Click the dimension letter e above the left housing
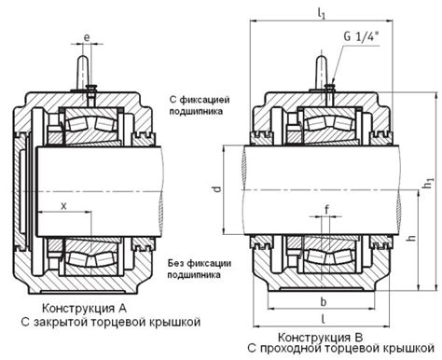point(87,36)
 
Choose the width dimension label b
point(322,302)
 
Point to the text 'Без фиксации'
point(199,262)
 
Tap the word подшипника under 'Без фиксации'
point(199,275)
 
